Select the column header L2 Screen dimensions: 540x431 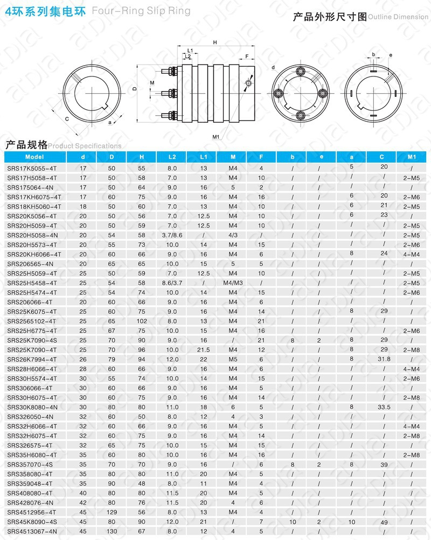[172, 157]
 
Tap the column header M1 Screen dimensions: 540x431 [412, 157]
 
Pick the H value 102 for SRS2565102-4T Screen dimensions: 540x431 [142, 321]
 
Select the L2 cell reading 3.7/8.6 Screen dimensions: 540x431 [172, 235]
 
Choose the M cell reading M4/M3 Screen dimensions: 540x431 [233, 283]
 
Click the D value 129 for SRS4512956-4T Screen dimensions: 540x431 [112, 512]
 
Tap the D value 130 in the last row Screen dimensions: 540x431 [112, 531]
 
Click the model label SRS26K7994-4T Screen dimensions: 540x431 [32, 359]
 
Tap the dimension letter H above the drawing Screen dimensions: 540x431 [215, 42]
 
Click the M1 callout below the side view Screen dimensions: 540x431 [215, 137]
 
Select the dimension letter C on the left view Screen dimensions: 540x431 [66, 118]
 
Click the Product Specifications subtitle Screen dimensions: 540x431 [85, 146]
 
